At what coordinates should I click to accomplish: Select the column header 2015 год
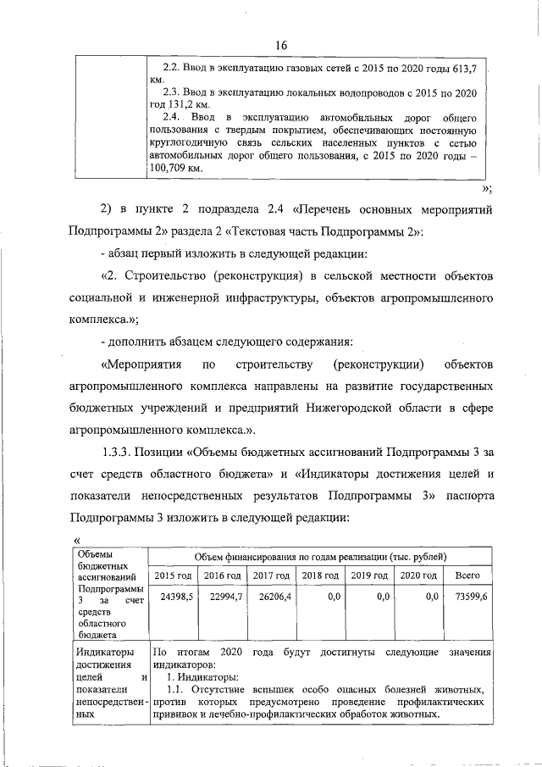(x=173, y=576)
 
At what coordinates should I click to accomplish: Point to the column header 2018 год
(x=320, y=576)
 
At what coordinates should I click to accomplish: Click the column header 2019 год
(x=369, y=576)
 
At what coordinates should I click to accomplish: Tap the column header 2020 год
(x=418, y=576)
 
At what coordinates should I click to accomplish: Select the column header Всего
(x=467, y=576)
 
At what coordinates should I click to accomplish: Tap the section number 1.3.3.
(x=121, y=448)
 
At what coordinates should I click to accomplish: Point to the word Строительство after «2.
(x=167, y=277)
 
